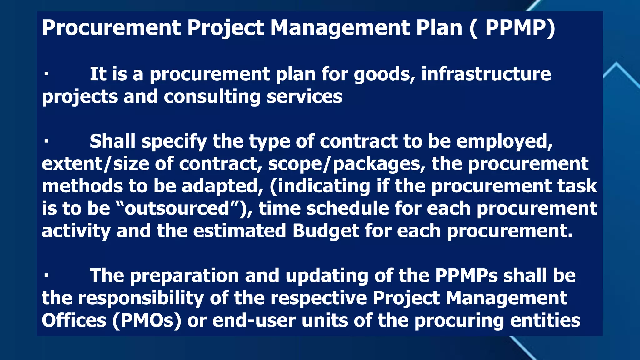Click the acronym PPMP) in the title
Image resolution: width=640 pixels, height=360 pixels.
pyautogui.click(x=520, y=28)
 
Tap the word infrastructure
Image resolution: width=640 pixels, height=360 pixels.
pyautogui.click(x=486, y=74)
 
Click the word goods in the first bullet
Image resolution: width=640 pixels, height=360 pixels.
pyautogui.click(x=384, y=75)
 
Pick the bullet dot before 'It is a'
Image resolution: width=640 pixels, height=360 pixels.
pyautogui.click(x=46, y=74)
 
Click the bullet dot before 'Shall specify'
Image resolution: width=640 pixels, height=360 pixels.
pyautogui.click(x=46, y=141)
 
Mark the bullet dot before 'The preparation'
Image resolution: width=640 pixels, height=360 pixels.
pyautogui.click(x=46, y=276)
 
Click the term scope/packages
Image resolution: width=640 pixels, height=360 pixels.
pyautogui.click(x=347, y=164)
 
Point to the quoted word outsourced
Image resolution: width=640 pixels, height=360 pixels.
pyautogui.click(x=177, y=208)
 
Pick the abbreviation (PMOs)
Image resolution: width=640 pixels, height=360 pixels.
pyautogui.click(x=147, y=321)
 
